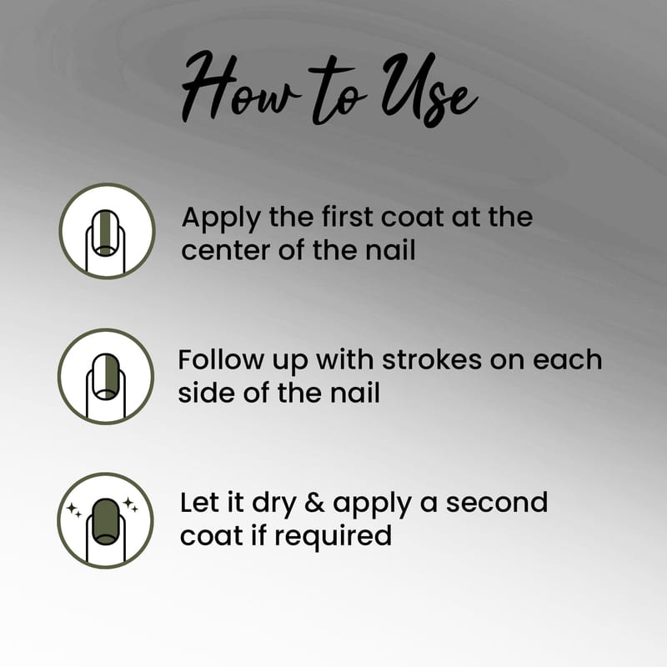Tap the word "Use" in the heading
coord(429,89)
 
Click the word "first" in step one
coord(347,216)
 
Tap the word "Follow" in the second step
coord(221,359)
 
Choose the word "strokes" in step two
coord(432,359)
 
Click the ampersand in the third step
coord(314,503)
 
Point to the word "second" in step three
coord(496,503)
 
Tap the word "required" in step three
coord(333,537)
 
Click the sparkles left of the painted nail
coord(74,509)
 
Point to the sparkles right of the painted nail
coord(130,504)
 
